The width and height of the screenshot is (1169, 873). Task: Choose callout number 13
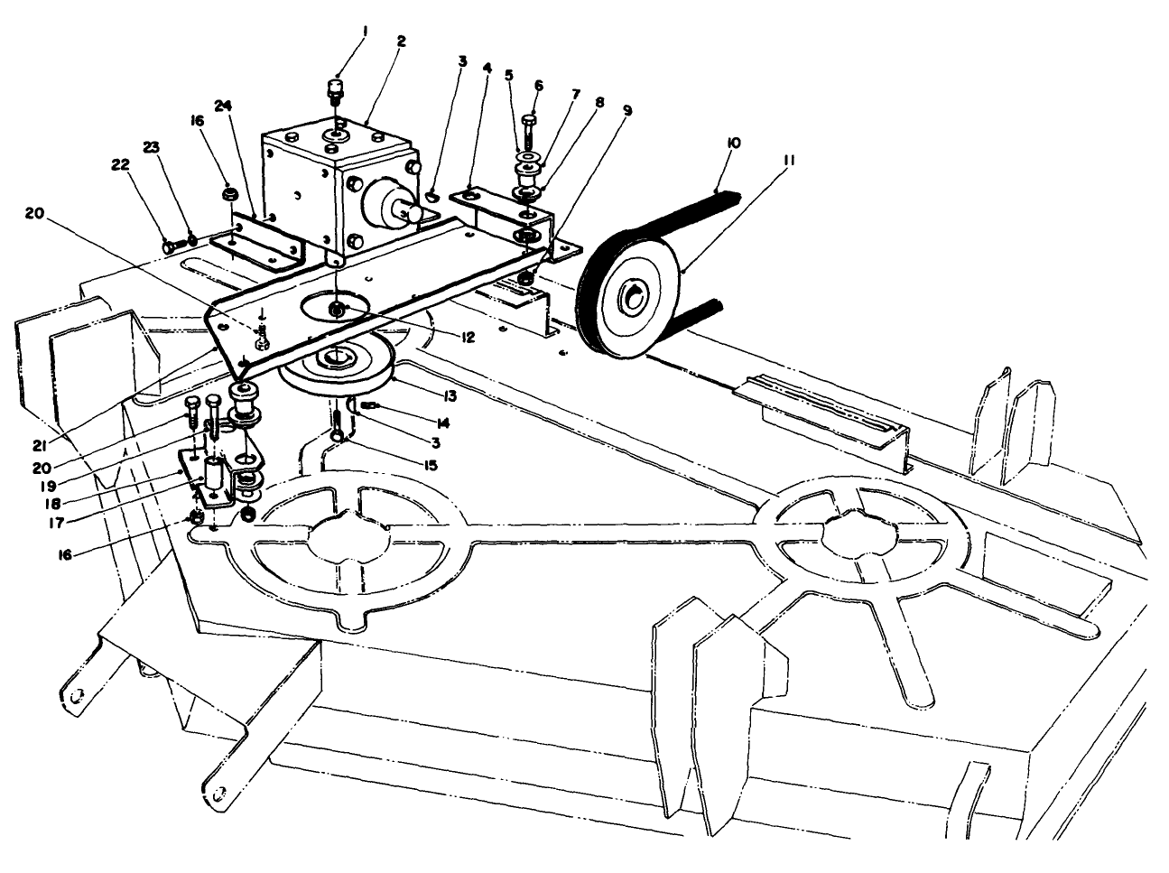448,395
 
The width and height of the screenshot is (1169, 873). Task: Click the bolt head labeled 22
169,244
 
